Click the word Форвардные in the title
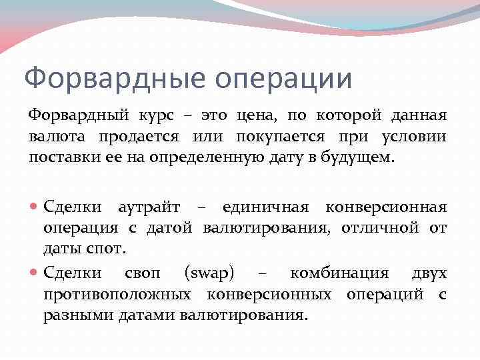(x=110, y=78)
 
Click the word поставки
(x=61, y=158)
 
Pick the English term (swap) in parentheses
(x=209, y=273)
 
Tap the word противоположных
(x=119, y=293)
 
